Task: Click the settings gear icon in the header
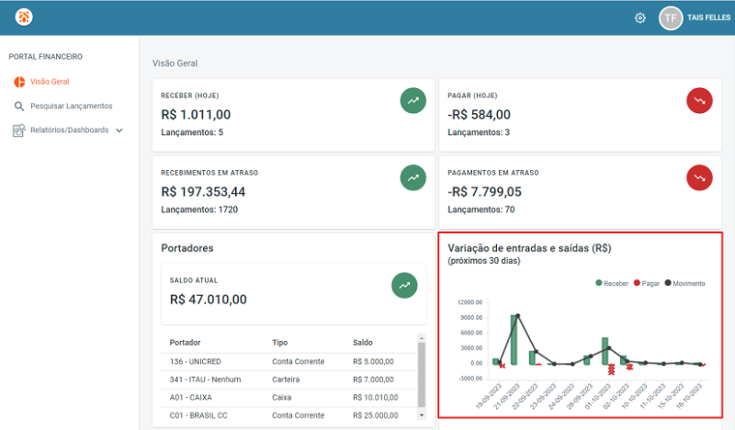(x=640, y=17)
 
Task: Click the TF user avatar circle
(x=671, y=17)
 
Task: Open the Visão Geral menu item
(x=49, y=82)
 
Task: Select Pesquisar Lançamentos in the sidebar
(x=71, y=106)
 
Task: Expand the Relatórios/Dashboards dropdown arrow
(x=119, y=130)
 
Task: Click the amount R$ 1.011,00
(x=196, y=115)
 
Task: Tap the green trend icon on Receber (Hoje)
(x=413, y=100)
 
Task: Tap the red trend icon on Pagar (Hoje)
(x=699, y=100)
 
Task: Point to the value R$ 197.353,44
(x=203, y=192)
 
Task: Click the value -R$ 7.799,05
(x=484, y=192)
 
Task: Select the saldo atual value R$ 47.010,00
(x=209, y=299)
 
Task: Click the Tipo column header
(x=280, y=343)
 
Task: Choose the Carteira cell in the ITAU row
(x=288, y=379)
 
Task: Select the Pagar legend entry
(x=646, y=284)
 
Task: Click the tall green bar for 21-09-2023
(x=515, y=340)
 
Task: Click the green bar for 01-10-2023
(x=605, y=351)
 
